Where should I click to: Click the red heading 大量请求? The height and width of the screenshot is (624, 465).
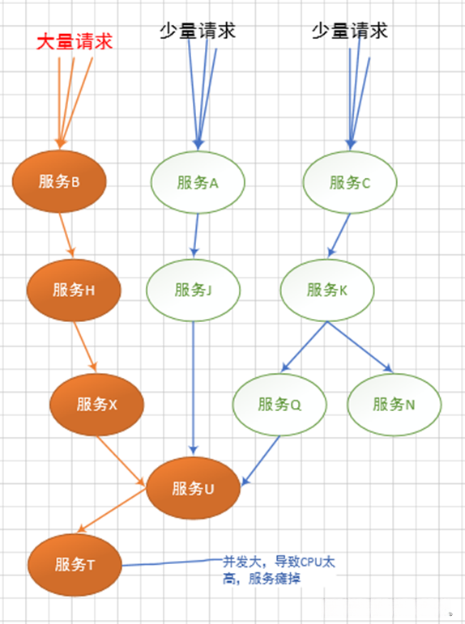[73, 42]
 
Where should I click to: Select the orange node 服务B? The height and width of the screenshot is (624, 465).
[59, 182]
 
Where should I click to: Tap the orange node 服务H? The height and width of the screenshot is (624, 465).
[74, 290]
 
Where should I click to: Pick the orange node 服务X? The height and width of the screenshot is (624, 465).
[96, 404]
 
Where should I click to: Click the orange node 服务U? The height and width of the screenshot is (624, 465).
[193, 488]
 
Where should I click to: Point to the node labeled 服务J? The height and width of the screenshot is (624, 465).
[194, 290]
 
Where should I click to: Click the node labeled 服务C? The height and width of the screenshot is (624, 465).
[350, 182]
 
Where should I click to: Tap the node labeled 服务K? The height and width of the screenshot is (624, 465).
[327, 290]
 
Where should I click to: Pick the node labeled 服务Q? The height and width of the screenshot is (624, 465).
[279, 404]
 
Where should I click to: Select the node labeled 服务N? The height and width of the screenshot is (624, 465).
[395, 404]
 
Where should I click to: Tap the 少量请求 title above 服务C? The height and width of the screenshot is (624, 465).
[350, 31]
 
